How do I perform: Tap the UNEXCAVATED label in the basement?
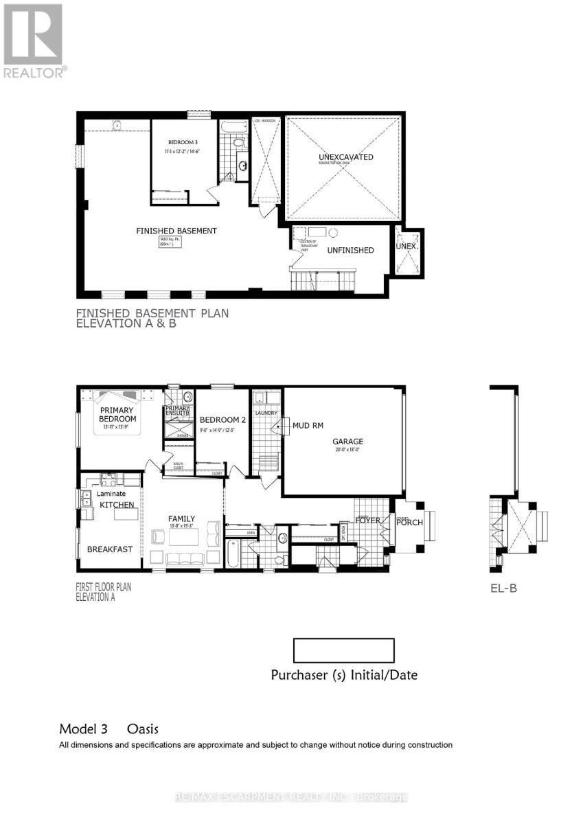pyautogui.click(x=345, y=157)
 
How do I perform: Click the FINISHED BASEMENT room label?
pyautogui.click(x=176, y=231)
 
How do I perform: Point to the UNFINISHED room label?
pyautogui.click(x=350, y=250)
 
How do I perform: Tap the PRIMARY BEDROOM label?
pyautogui.click(x=117, y=414)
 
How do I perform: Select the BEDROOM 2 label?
pyautogui.click(x=222, y=420)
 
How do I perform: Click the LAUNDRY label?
pyautogui.click(x=266, y=413)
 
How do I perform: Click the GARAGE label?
pyautogui.click(x=348, y=442)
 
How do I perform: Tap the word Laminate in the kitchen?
pyautogui.click(x=111, y=493)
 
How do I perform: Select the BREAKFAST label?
pyautogui.click(x=110, y=549)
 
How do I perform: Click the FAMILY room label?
pyautogui.click(x=182, y=518)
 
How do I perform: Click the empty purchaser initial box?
pyautogui.click(x=343, y=650)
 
